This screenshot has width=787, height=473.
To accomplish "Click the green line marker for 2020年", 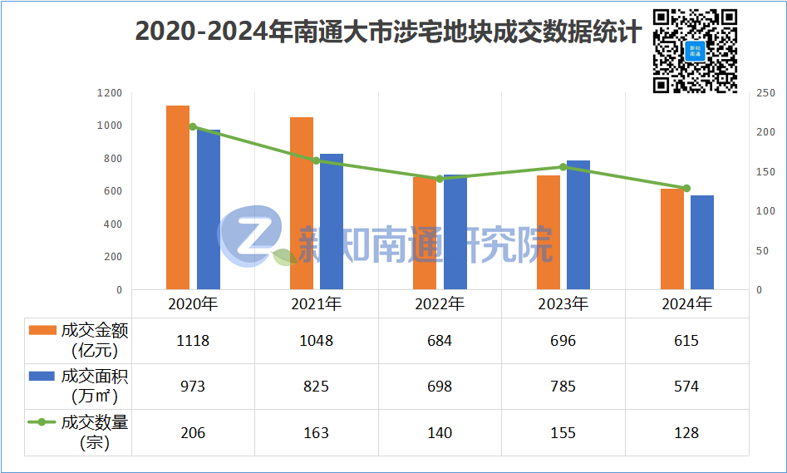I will pyautogui.click(x=193, y=126).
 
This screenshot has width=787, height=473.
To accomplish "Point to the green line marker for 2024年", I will pyautogui.click(x=686, y=188).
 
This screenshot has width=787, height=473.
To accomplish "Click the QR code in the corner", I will pyautogui.click(x=696, y=49).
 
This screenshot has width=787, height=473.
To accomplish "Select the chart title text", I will pyautogui.click(x=388, y=32).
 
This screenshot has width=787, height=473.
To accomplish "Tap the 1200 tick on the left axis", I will pyautogui.click(x=109, y=93).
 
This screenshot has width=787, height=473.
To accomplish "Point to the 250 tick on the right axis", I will pyautogui.click(x=765, y=93).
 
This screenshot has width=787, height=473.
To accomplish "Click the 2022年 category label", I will pyautogui.click(x=440, y=303).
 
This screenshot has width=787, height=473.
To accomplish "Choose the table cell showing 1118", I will pyautogui.click(x=193, y=341).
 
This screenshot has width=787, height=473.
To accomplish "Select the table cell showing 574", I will pyautogui.click(x=686, y=387).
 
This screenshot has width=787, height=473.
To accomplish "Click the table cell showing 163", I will pyautogui.click(x=317, y=433).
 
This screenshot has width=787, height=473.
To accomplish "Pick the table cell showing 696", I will pyautogui.click(x=563, y=341).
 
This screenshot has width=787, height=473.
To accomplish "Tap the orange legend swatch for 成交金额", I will pyautogui.click(x=42, y=330).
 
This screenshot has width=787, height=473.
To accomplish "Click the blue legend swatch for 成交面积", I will pyautogui.click(x=42, y=376).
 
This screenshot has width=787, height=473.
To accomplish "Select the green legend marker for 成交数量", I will pyautogui.click(x=42, y=422).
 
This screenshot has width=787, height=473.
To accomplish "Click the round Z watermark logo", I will pyautogui.click(x=249, y=237).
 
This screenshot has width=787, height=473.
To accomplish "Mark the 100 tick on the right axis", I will pyautogui.click(x=765, y=211).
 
